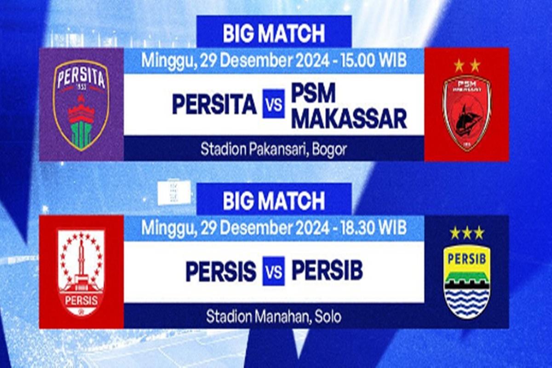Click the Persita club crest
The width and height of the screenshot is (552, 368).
(x=81, y=105)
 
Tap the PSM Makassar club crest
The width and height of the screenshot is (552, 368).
(x=466, y=113)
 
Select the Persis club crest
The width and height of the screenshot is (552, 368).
(x=81, y=272)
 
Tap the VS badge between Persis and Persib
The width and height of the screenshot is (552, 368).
(x=274, y=272)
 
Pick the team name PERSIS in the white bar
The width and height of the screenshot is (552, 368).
(x=221, y=272)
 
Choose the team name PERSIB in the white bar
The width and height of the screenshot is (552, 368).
(x=327, y=271)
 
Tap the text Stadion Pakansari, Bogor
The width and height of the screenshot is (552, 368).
(x=274, y=149)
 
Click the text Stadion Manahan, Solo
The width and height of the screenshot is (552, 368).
(x=274, y=316)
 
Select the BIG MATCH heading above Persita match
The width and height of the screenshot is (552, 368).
(x=274, y=33)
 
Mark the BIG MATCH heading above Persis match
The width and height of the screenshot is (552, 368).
(x=274, y=201)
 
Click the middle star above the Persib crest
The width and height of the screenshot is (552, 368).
(x=467, y=233)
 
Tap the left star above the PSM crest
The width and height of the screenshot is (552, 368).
(x=459, y=66)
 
